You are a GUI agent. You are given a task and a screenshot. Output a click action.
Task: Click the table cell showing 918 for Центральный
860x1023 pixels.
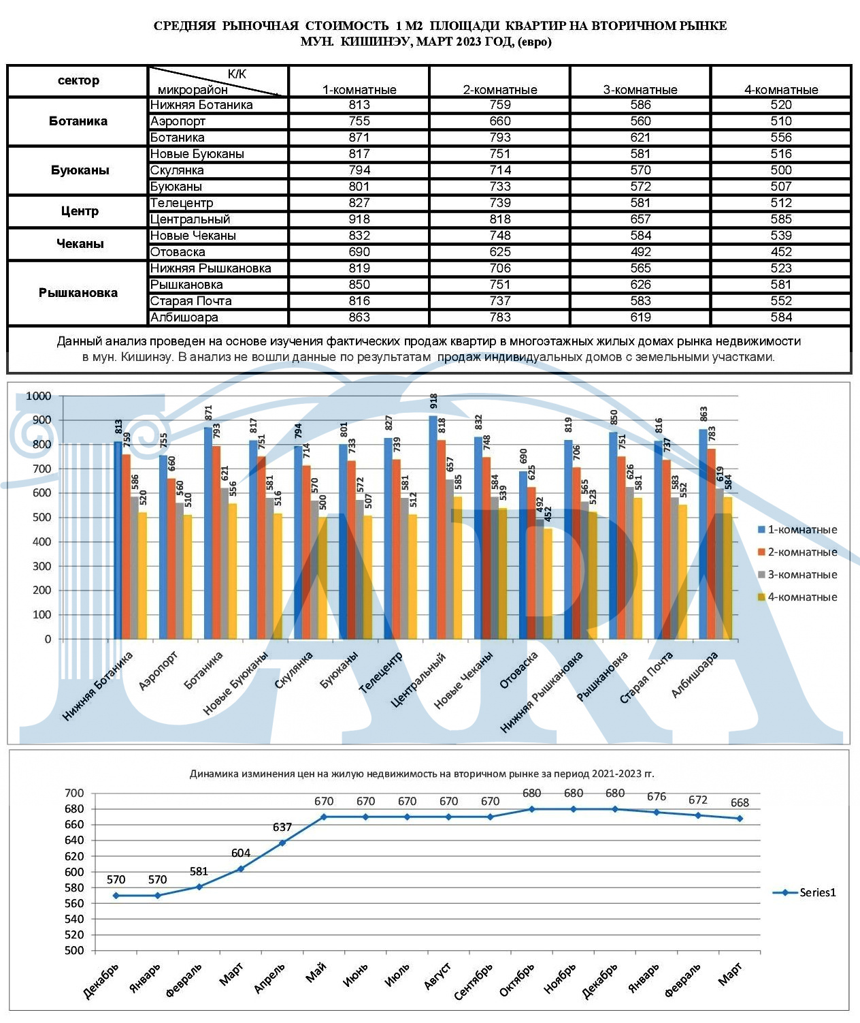pyautogui.click(x=359, y=219)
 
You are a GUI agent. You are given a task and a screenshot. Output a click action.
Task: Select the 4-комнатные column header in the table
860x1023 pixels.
pyautogui.click(x=780, y=90)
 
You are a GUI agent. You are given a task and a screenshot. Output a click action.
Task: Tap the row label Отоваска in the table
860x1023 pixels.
pyautogui.click(x=177, y=252)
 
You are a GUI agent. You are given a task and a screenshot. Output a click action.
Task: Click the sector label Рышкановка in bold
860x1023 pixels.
pyautogui.click(x=78, y=292)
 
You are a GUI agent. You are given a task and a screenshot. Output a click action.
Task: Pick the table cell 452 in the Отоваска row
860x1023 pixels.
pyautogui.click(x=780, y=252)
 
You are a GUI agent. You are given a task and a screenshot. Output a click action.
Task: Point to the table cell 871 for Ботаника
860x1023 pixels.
pyautogui.click(x=359, y=137)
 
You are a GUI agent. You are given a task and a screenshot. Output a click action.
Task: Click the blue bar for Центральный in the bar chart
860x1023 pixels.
pyautogui.click(x=433, y=527)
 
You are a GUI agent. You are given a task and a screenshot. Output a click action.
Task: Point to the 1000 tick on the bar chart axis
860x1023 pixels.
pyautogui.click(x=38, y=396)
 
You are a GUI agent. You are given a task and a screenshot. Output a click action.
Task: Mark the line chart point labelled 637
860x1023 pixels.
pyautogui.click(x=282, y=843)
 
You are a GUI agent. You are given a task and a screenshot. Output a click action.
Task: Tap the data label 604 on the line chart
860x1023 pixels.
pyautogui.click(x=241, y=853)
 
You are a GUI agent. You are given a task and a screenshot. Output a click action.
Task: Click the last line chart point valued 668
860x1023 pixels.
pyautogui.click(x=740, y=818)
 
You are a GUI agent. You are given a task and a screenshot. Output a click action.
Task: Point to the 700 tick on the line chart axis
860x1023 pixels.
pyautogui.click(x=74, y=793)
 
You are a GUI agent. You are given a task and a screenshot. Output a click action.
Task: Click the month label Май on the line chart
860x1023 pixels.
pyautogui.click(x=316, y=973)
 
